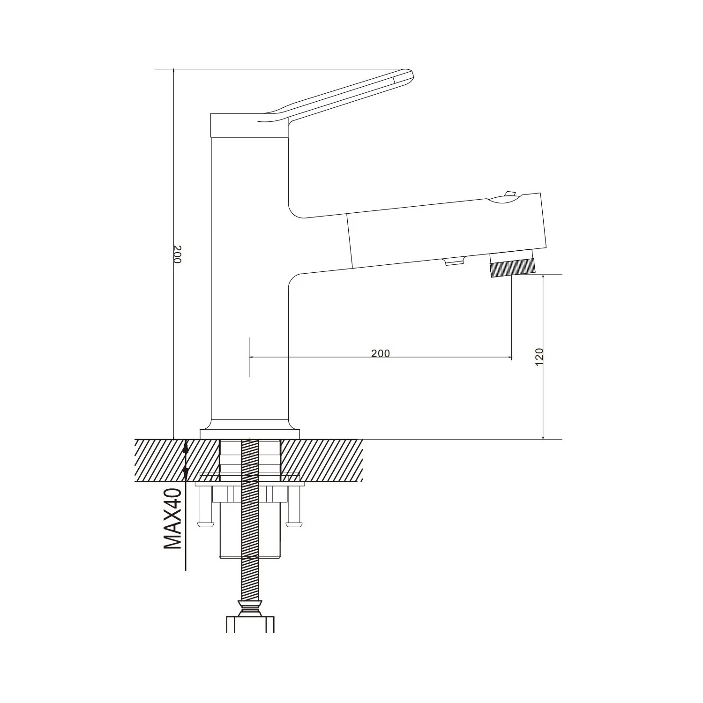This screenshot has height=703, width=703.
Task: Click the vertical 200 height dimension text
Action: tap(177, 254)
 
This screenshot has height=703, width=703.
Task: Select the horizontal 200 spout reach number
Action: tap(381, 353)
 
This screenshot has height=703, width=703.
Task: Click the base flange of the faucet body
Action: tap(250, 434)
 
